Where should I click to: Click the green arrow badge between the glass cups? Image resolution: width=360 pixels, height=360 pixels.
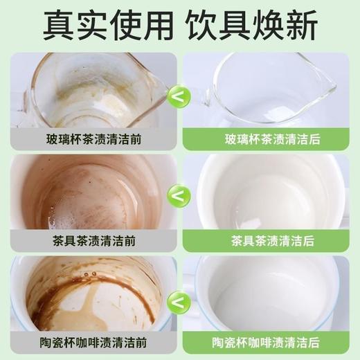click(x=179, y=96)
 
